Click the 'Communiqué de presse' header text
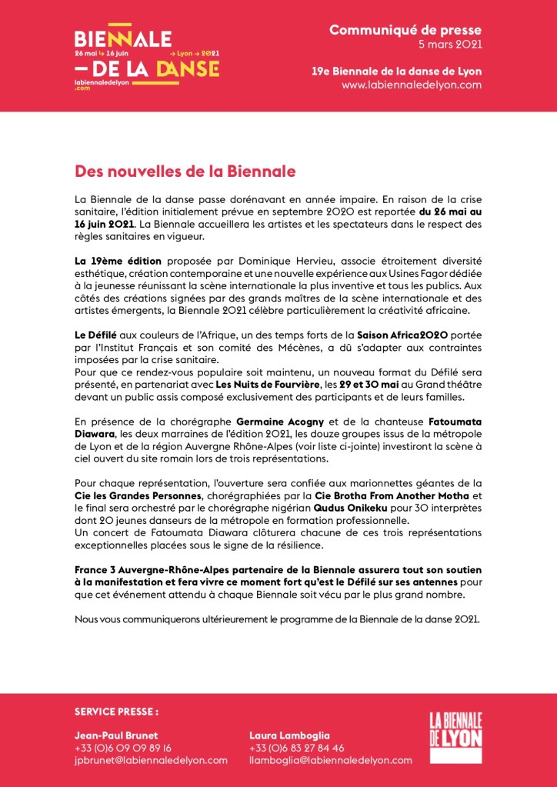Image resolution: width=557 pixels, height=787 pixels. (x=405, y=30)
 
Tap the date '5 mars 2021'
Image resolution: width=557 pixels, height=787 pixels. (x=452, y=45)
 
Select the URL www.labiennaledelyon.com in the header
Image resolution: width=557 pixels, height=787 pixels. (x=412, y=85)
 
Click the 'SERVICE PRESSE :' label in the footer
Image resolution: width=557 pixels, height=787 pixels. (x=116, y=712)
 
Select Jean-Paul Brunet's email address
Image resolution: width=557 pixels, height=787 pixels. (x=151, y=760)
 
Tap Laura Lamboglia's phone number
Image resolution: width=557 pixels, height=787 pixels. (x=297, y=747)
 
